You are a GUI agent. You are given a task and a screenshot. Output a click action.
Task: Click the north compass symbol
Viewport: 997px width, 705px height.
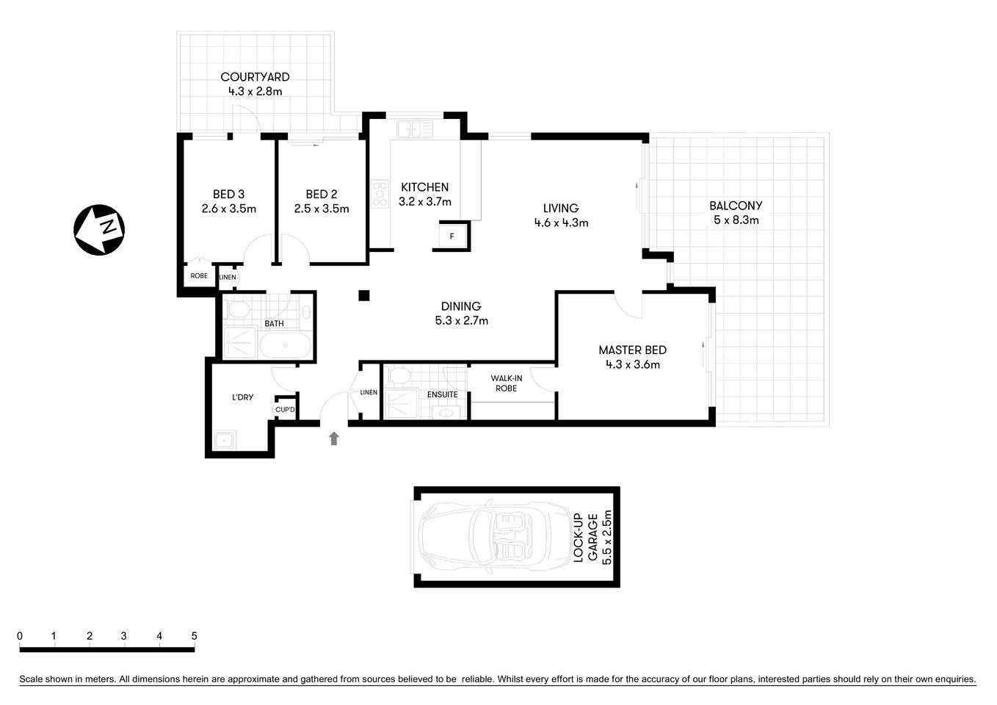pos(99,230)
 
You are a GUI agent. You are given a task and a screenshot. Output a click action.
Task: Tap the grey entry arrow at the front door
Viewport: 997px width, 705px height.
pos(334,438)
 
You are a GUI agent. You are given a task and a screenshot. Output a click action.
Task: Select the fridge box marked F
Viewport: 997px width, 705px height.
pos(452,236)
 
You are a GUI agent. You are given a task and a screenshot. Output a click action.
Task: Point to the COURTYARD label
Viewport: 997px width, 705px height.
pos(255,77)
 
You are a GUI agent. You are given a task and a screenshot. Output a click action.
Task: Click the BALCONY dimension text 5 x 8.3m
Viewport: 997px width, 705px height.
pos(735,220)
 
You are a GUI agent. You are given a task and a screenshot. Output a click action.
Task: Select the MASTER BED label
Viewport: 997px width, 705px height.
pos(632,350)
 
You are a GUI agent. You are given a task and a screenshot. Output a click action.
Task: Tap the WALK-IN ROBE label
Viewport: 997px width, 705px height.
pos(506,383)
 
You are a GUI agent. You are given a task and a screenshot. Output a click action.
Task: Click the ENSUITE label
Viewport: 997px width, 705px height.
pos(443,395)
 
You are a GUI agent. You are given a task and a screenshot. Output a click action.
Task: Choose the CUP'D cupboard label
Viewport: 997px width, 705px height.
pos(285,411)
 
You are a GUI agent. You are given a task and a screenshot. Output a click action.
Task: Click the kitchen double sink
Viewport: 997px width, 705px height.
pos(414,130)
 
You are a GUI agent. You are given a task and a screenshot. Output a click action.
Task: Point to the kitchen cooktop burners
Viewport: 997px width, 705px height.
pos(380,194)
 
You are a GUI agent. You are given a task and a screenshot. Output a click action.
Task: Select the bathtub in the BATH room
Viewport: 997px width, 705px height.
pos(286,345)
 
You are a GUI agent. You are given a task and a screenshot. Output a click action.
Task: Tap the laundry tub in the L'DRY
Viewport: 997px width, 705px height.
pos(223,441)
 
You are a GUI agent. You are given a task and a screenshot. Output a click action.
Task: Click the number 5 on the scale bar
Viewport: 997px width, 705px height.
pos(194,636)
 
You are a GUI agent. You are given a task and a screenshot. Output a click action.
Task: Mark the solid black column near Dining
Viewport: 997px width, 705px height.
pos(363,296)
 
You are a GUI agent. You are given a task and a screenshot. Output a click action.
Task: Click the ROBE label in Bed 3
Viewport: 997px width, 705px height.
pos(199,276)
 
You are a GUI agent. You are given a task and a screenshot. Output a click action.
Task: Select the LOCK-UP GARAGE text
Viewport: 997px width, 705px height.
pos(585,537)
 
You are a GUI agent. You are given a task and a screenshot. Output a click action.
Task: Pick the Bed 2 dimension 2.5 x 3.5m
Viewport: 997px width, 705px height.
pos(322,209)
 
